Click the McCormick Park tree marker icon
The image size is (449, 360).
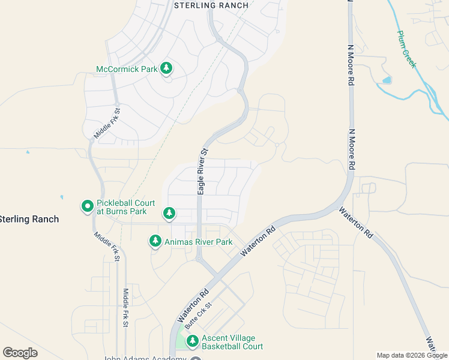point(166,68)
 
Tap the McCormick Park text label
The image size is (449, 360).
point(127,69)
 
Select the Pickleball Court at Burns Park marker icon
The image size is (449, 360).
point(88,206)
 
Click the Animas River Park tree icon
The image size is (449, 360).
point(155,241)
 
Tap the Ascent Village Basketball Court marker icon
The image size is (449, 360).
point(193,341)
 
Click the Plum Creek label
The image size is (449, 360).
point(406,49)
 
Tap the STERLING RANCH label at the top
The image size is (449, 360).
point(211,5)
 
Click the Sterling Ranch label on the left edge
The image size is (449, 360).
point(29,219)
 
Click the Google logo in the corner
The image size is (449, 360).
point(20,353)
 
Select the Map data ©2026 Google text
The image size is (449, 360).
point(412,355)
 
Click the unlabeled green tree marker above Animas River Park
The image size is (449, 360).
point(169,212)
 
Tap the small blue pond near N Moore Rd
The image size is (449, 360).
point(387,80)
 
